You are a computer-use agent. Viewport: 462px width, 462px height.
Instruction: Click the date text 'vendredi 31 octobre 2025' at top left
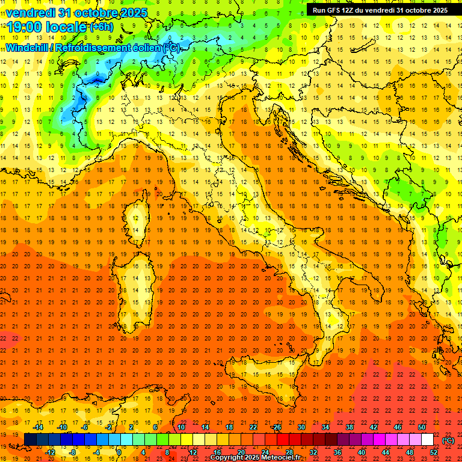[72, 12]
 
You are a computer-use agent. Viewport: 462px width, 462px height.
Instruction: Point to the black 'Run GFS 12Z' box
[380, 10]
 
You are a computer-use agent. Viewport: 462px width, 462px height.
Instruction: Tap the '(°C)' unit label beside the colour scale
[448, 440]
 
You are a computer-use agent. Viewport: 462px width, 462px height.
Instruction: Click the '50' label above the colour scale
[422, 427]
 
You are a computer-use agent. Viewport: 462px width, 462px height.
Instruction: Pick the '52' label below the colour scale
[434, 452]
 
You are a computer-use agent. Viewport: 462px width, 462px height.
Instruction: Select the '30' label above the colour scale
[301, 427]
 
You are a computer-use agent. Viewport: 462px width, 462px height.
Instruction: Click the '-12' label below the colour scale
[50, 452]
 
